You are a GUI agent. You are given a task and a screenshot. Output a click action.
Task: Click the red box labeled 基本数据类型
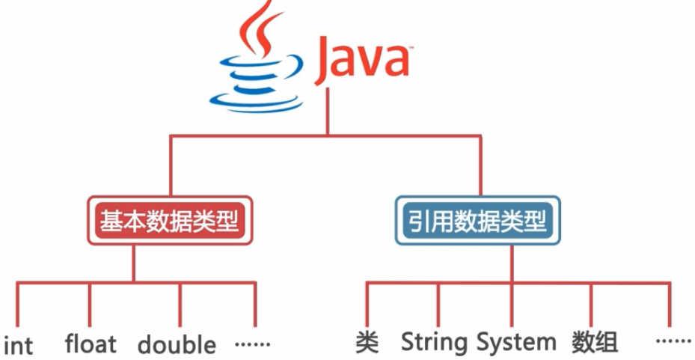pyautogui.click(x=169, y=222)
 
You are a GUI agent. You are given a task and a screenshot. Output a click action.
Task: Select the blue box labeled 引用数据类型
pyautogui.click(x=477, y=222)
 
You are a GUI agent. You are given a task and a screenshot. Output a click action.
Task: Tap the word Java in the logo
pyautogui.click(x=362, y=62)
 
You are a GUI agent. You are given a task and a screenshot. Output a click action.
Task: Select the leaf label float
pyautogui.click(x=91, y=344)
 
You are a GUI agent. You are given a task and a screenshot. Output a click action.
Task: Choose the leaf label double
pyautogui.click(x=177, y=344)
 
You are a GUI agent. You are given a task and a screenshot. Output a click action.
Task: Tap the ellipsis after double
pyautogui.click(x=252, y=344)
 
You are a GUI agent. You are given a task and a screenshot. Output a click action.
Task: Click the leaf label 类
pyautogui.click(x=367, y=343)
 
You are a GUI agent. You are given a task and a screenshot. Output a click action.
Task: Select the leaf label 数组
pyautogui.click(x=595, y=343)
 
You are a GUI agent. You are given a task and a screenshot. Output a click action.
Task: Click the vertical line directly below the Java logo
pyautogui.click(x=325, y=112)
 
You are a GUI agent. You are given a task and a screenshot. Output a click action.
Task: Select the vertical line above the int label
pyautogui.click(x=17, y=307)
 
